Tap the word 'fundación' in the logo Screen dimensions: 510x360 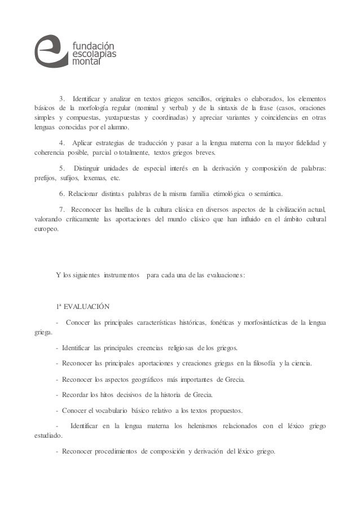click(x=92, y=44)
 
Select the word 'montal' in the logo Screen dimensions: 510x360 click(x=85, y=62)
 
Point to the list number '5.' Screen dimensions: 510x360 click(x=62, y=168)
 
